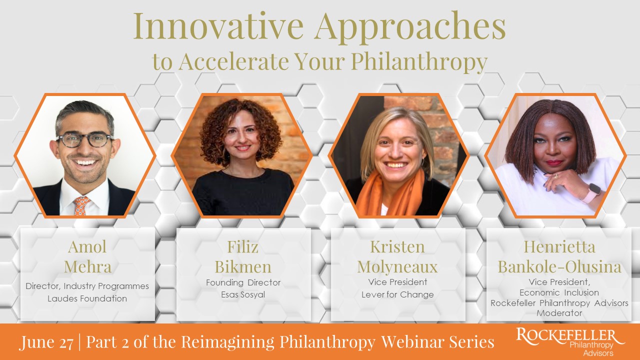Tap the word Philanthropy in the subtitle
418,61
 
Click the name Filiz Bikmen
243,256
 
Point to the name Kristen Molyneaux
397,256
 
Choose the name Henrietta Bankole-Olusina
559,256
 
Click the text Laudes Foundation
87,298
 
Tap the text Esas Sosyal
243,294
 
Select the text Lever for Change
397,294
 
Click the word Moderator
559,313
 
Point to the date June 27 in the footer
46,342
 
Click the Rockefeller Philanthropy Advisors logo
569,342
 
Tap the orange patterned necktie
82,205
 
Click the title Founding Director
243,282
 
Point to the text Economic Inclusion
559,292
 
